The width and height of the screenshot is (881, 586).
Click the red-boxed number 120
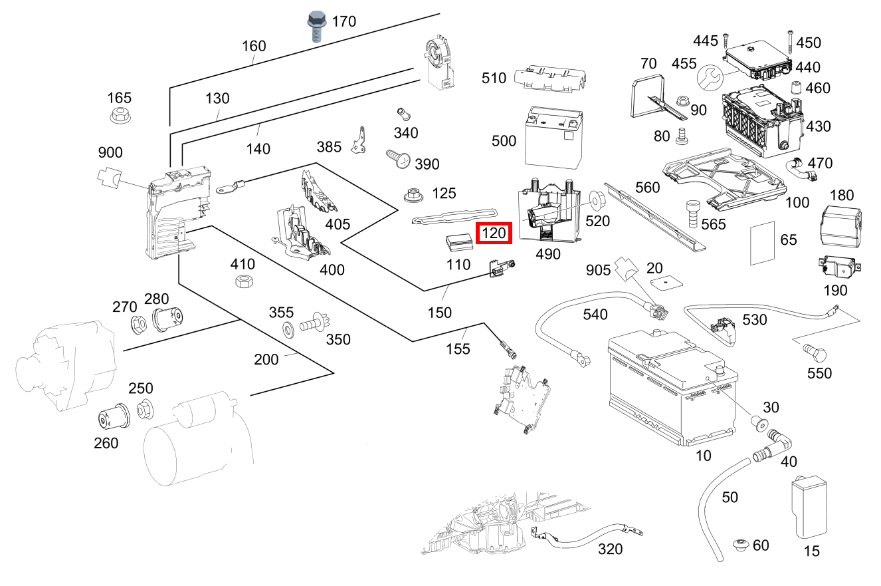[494, 233]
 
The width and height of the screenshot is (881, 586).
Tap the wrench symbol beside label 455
[709, 78]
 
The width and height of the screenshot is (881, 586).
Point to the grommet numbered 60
[741, 545]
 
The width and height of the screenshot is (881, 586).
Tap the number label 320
[609, 549]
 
